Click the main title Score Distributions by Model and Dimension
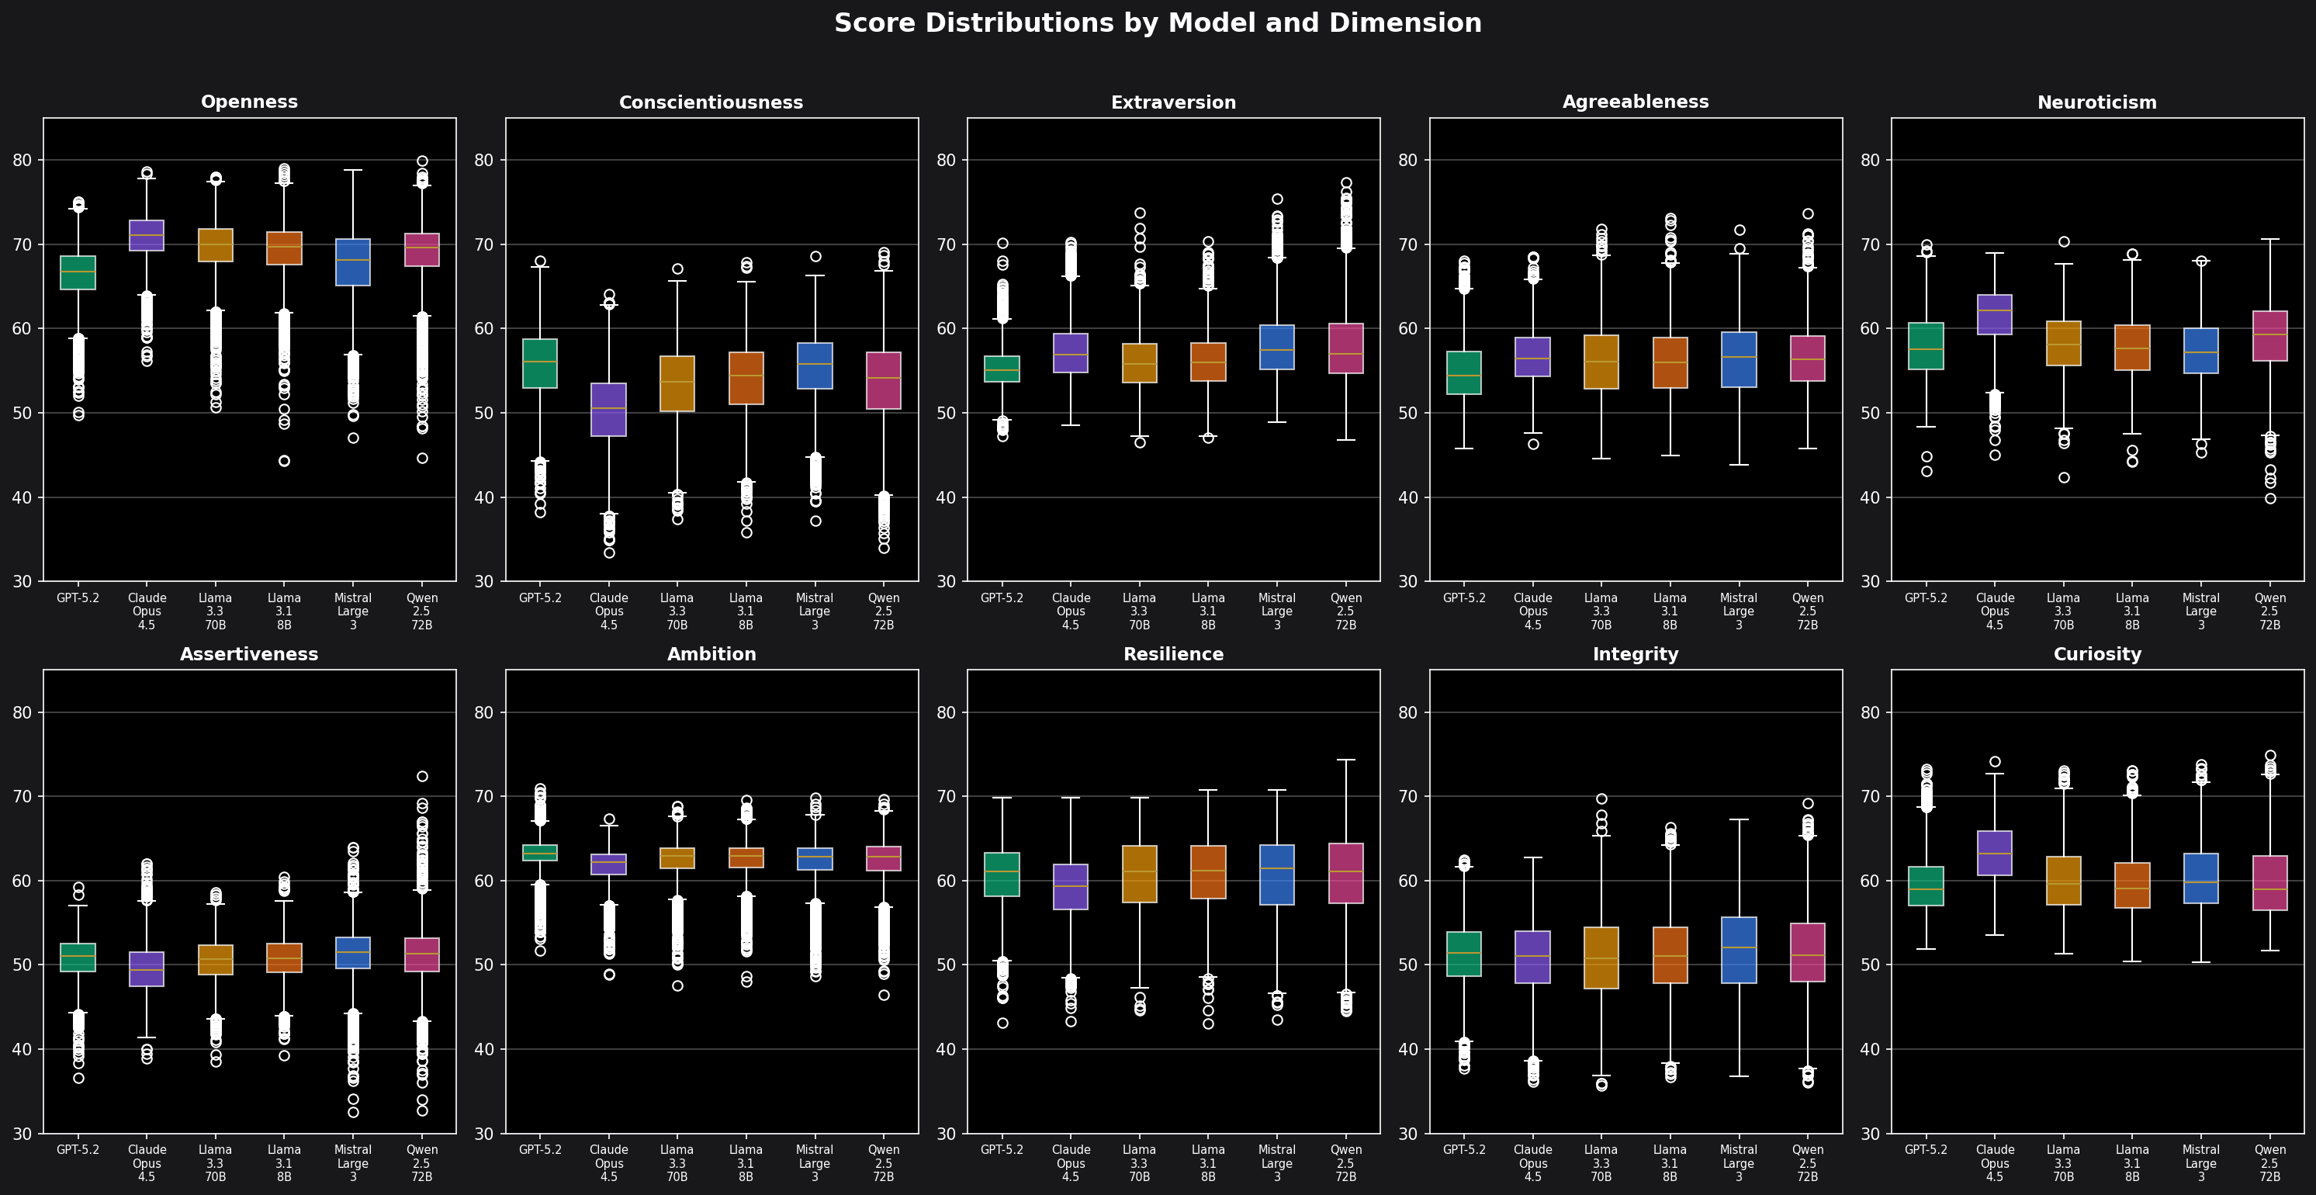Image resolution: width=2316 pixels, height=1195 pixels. click(1157, 23)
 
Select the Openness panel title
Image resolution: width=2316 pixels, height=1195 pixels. click(249, 102)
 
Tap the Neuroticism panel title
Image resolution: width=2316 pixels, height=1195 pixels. click(2096, 102)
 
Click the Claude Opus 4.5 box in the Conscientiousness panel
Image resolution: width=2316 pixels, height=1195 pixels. click(608, 409)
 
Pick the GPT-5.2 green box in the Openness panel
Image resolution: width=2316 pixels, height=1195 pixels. click(78, 272)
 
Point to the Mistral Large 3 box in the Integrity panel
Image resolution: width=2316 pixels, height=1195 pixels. click(1739, 950)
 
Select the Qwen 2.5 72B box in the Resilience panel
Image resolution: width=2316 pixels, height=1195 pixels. click(1346, 873)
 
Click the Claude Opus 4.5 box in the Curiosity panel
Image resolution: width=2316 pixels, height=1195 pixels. click(1994, 853)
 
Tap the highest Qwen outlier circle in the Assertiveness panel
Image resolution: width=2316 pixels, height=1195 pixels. click(421, 776)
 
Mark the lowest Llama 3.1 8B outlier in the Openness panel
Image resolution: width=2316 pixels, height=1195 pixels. click(284, 461)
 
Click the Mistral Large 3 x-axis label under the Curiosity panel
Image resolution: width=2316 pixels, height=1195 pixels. click(2200, 1162)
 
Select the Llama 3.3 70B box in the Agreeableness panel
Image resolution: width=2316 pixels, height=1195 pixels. click(1601, 362)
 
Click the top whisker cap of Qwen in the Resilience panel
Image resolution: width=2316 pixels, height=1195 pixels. click(1346, 760)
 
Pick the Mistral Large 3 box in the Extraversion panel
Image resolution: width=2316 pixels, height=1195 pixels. click(1276, 347)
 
